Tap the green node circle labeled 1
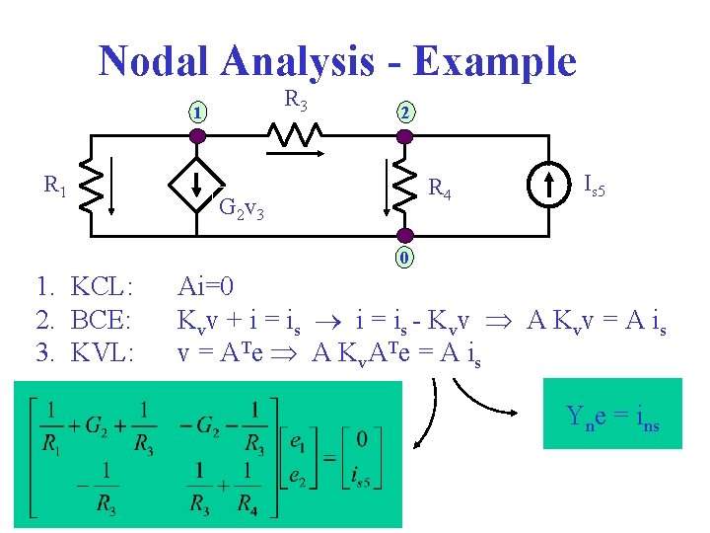pyautogui.click(x=198, y=113)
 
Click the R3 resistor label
pyautogui.click(x=296, y=100)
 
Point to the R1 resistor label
pyautogui.click(x=55, y=184)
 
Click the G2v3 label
pyautogui.click(x=239, y=208)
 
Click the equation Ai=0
pyautogui.click(x=205, y=287)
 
